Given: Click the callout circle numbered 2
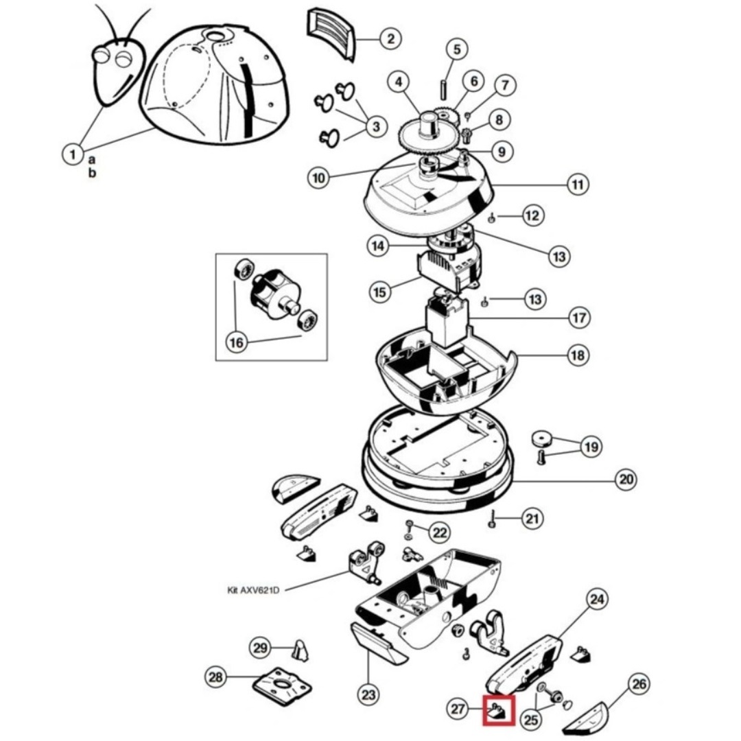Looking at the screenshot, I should pyautogui.click(x=390, y=38).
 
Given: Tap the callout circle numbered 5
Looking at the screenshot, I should pyautogui.click(x=456, y=49).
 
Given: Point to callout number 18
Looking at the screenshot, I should pyautogui.click(x=577, y=355).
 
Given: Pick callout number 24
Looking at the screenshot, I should pyautogui.click(x=598, y=600).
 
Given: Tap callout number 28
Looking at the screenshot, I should pyautogui.click(x=216, y=678).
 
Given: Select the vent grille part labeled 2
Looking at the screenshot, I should pyautogui.click(x=329, y=33).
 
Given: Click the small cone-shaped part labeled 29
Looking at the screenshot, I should pyautogui.click(x=300, y=648).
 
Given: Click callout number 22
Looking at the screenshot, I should pyautogui.click(x=439, y=532).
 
